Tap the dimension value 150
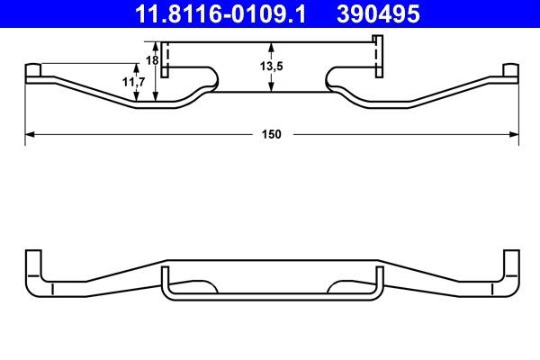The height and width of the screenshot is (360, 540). tap(272, 134)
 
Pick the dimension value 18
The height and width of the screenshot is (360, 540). tap(152, 59)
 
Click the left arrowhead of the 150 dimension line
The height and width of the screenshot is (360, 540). tap(28, 134)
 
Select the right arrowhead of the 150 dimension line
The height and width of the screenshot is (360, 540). tap(516, 134)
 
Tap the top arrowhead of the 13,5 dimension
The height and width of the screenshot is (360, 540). tap(272, 46)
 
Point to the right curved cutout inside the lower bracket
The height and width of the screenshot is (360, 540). tap(338, 285)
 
